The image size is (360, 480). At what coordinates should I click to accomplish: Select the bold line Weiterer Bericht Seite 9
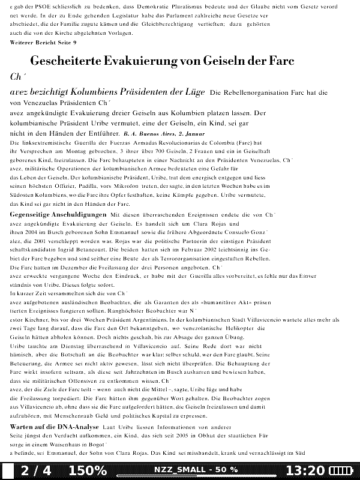pyautogui.click(x=43, y=43)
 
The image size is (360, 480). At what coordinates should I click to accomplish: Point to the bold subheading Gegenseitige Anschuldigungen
pyautogui.click(x=58, y=214)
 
